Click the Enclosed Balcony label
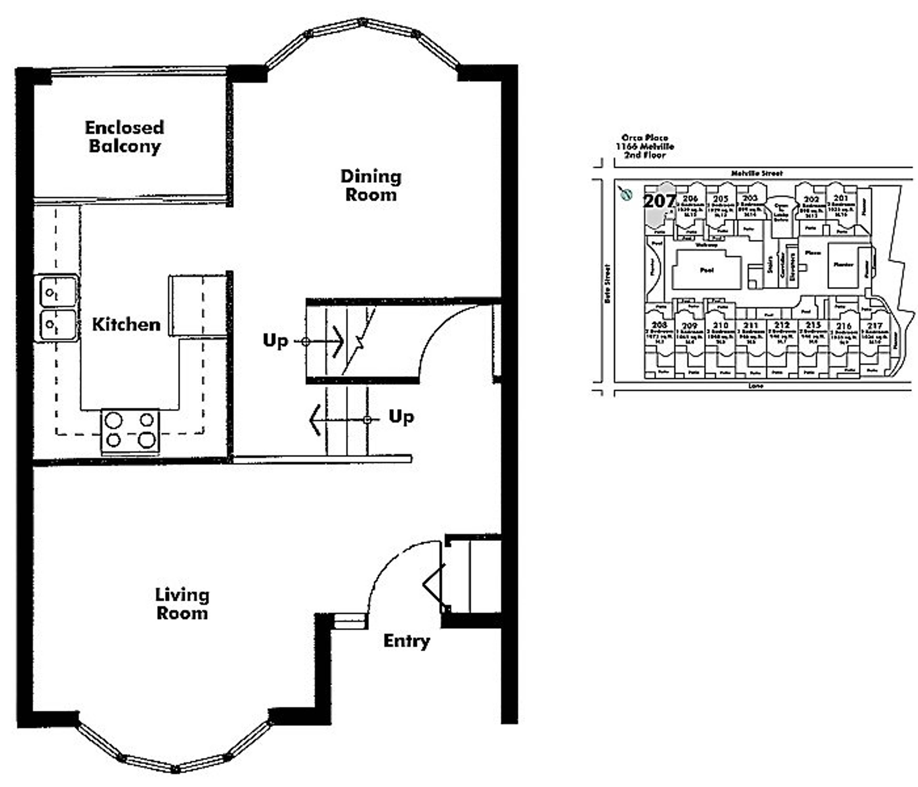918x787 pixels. pyautogui.click(x=125, y=137)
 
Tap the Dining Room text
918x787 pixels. pyautogui.click(x=371, y=185)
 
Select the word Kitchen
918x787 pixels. pyautogui.click(x=126, y=325)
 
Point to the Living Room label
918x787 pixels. pyautogui.click(x=182, y=604)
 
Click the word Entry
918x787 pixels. pyautogui.click(x=406, y=641)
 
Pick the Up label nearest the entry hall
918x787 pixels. pyautogui.click(x=401, y=417)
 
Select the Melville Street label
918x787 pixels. pyautogui.click(x=756, y=173)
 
